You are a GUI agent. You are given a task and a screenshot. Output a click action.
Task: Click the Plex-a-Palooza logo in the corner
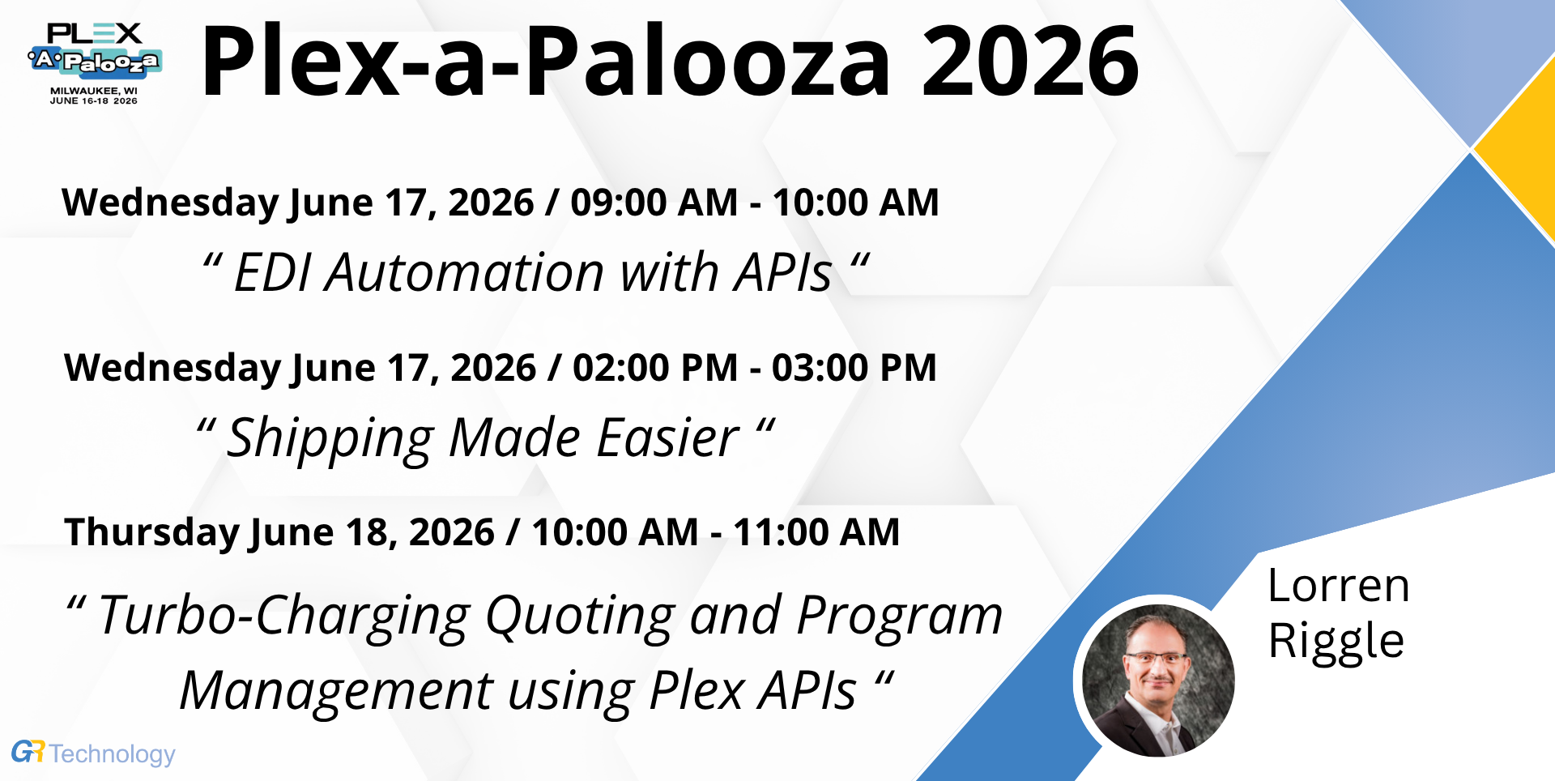pos(95,63)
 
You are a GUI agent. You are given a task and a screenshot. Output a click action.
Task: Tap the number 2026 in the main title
pos(1030,62)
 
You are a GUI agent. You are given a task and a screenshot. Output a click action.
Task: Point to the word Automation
pos(465,272)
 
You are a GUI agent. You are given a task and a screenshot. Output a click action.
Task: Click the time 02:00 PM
pos(655,367)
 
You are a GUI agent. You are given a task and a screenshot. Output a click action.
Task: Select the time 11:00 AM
pos(816,532)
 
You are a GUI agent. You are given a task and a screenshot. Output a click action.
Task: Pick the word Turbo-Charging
pos(284,617)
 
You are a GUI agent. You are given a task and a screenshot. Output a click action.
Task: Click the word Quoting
pos(580,617)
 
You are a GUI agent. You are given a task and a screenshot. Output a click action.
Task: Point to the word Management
pos(336,691)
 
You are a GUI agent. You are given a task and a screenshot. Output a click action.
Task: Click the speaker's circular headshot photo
pos(1158,681)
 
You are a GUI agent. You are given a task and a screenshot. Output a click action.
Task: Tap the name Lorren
pos(1339,586)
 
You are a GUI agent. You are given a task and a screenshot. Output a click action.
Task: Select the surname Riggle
pos(1336,642)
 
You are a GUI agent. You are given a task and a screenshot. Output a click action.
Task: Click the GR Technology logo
pos(93,753)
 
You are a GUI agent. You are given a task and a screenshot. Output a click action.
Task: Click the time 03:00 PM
pos(854,367)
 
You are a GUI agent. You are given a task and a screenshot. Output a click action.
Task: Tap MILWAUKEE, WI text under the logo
pos(94,91)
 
